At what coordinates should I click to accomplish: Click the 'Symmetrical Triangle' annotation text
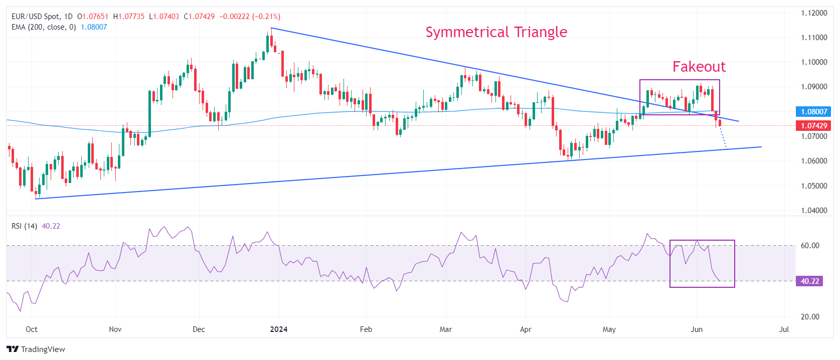tap(496, 32)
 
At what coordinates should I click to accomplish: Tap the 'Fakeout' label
tap(699, 67)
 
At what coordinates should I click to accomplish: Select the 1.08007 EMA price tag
tap(813, 112)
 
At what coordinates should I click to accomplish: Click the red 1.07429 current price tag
tap(813, 126)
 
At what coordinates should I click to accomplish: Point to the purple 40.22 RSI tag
tap(809, 281)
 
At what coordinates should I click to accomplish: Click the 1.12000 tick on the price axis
tap(814, 13)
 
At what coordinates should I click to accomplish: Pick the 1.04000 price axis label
tap(814, 211)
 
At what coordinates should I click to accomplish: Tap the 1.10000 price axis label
tap(814, 62)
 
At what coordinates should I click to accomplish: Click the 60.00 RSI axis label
tap(810, 246)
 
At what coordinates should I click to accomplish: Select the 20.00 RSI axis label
tap(810, 317)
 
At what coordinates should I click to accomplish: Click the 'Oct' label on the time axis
tap(32, 329)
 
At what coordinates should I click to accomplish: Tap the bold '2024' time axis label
tap(278, 329)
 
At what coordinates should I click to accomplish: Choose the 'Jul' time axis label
tap(784, 329)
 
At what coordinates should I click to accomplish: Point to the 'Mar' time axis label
tap(445, 329)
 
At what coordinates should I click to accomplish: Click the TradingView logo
tap(36, 349)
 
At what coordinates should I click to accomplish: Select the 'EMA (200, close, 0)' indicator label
tap(44, 27)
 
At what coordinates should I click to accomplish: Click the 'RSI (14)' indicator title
tap(24, 226)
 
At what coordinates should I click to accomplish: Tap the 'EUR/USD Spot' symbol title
tap(35, 17)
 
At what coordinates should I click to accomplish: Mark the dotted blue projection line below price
tap(723, 138)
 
